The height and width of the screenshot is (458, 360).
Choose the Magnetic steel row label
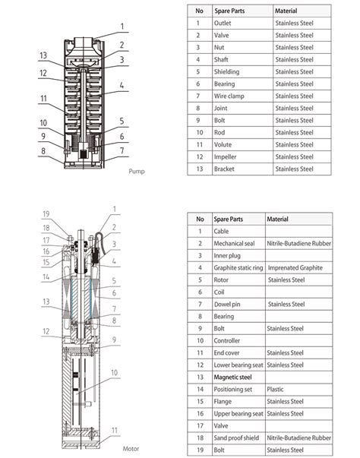pyautogui.click(x=234, y=377)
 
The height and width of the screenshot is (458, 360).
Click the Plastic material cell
pyautogui.click(x=276, y=389)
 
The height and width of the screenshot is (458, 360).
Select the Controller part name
pyautogui.click(x=229, y=341)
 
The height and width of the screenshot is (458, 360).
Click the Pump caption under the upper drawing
pyautogui.click(x=137, y=171)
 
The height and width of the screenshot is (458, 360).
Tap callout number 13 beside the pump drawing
pyautogui.click(x=44, y=55)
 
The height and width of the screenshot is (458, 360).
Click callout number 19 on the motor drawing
pyautogui.click(x=45, y=213)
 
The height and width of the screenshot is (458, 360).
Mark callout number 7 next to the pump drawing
pyautogui.click(x=121, y=152)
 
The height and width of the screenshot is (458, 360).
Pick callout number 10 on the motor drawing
pyautogui.click(x=115, y=372)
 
